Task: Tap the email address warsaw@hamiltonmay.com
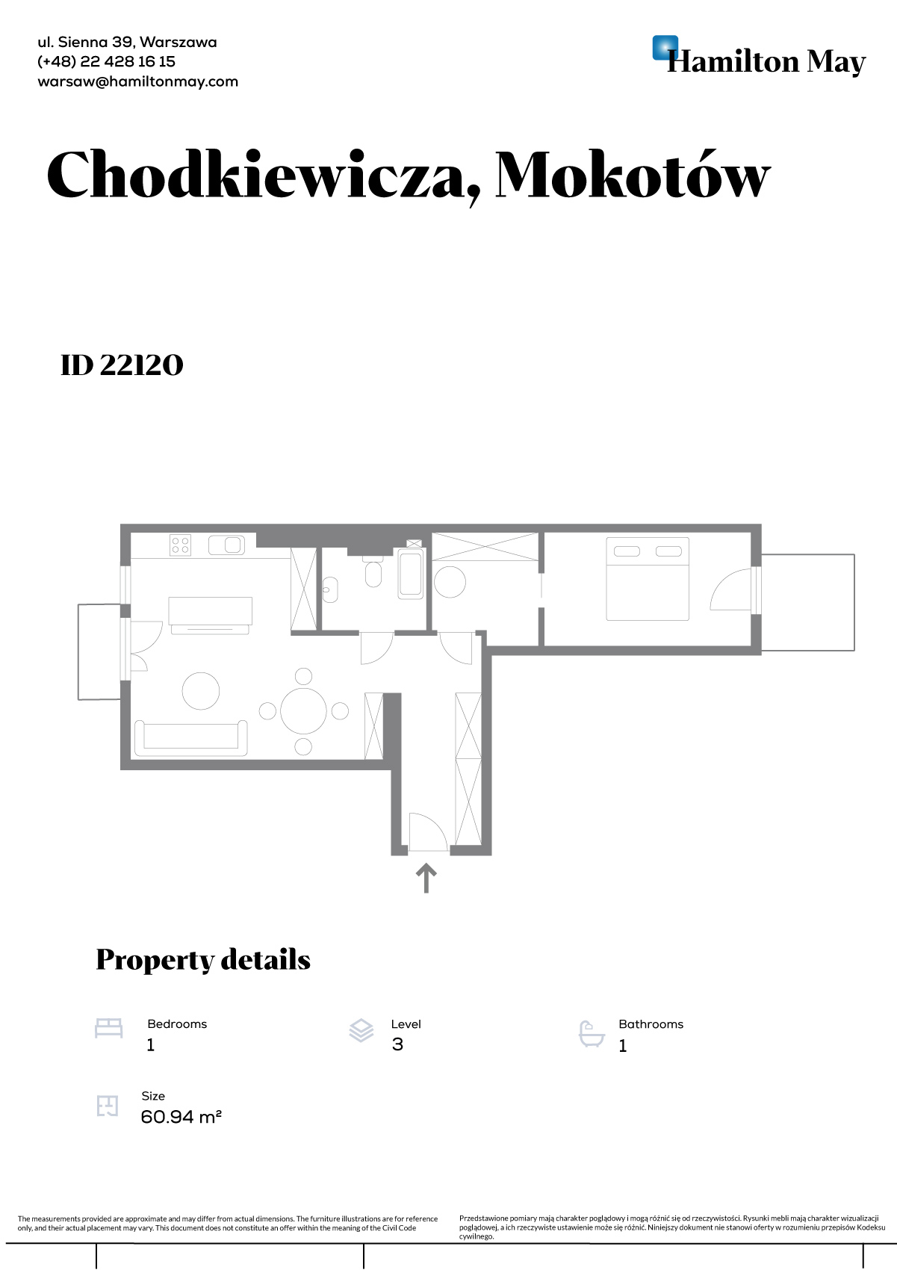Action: pos(137,81)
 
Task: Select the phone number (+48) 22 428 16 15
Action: pos(106,62)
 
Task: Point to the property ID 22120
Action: pos(122,365)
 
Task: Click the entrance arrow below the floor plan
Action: pos(426,879)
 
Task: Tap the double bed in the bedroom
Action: pos(648,579)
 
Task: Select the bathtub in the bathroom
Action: pos(411,573)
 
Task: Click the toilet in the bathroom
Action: pos(373,570)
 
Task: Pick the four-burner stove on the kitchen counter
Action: pos(180,545)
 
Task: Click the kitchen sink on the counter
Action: pos(226,545)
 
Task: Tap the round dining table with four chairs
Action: pos(303,711)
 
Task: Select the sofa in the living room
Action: pos(191,738)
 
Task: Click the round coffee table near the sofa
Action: pos(201,690)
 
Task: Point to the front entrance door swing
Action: pos(428,831)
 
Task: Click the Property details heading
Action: pos(203,961)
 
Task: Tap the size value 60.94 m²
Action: pos(181,1117)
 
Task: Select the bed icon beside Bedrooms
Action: pos(109,1028)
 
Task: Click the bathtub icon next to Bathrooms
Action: pos(592,1034)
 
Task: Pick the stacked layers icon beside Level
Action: pos(361,1030)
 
